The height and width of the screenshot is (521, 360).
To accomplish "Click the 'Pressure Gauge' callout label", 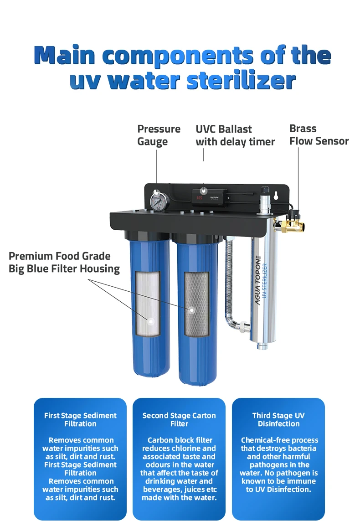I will (x=159, y=135).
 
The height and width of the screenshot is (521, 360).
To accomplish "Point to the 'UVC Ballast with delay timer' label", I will (x=235, y=135).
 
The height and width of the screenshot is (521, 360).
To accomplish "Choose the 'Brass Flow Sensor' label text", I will (x=319, y=135).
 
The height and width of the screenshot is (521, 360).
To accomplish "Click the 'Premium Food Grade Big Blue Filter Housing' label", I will (x=64, y=263).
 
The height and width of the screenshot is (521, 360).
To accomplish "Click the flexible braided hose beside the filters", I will (x=229, y=283).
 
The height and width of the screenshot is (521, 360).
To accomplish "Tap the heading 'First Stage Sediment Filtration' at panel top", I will (x=80, y=419).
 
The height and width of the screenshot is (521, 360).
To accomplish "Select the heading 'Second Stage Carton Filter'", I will (x=179, y=419).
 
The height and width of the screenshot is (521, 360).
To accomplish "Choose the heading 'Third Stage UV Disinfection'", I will (x=278, y=419).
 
